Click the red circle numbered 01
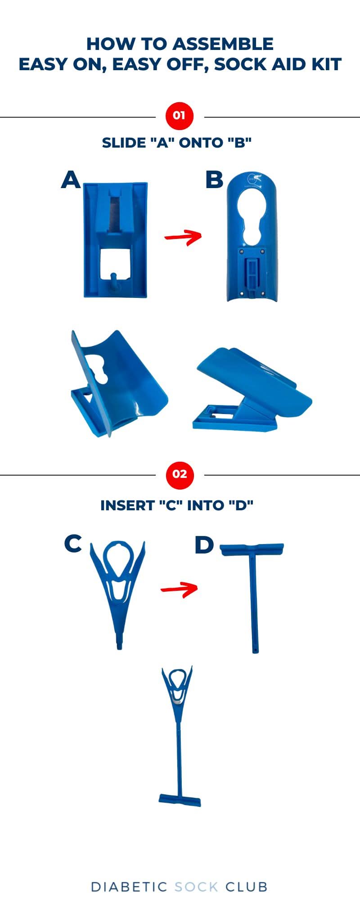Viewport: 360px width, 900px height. coord(179,116)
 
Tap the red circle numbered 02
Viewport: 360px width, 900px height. coord(179,474)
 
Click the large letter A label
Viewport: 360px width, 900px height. coord(71,180)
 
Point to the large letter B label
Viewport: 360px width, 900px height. coord(214,180)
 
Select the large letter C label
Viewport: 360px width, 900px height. coord(73,544)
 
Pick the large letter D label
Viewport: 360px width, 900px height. coord(204,545)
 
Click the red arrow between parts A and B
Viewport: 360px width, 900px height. coord(183,237)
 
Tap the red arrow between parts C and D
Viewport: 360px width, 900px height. coord(180,589)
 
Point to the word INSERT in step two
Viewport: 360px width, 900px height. coord(127,505)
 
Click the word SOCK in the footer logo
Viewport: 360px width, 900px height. coord(196,886)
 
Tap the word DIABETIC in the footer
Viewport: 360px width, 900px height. coord(129,886)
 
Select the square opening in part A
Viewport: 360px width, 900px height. coord(116,265)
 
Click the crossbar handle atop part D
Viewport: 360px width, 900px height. coord(252,549)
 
